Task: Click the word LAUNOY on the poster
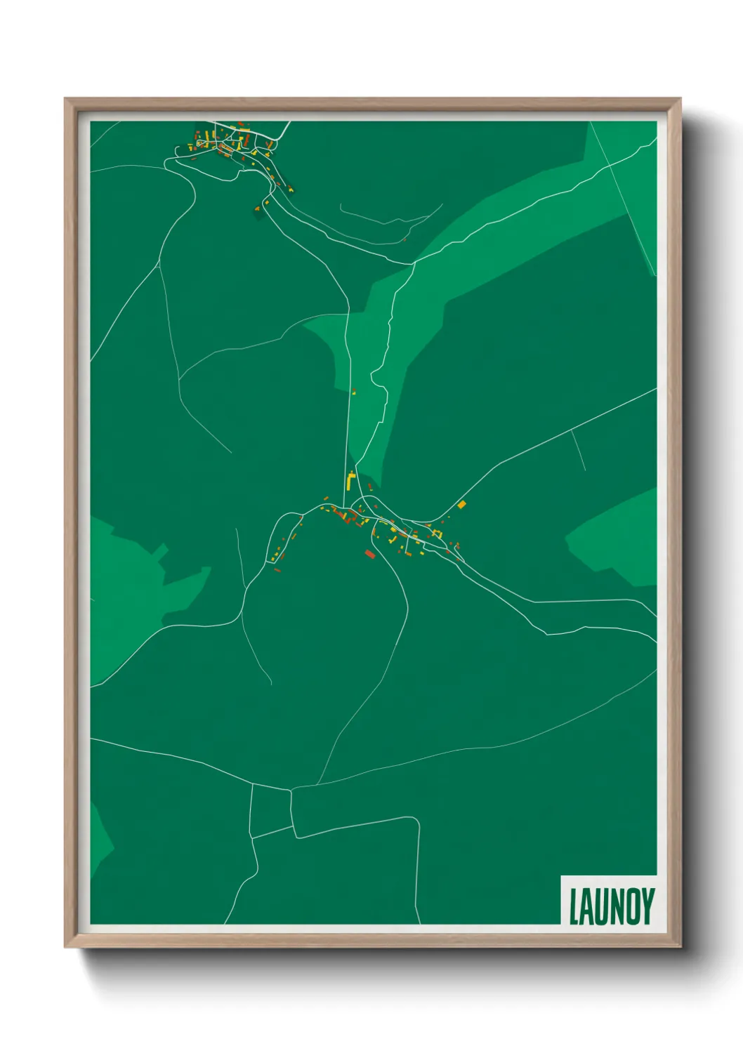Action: pyautogui.click(x=611, y=906)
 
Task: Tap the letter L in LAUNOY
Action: pyautogui.click(x=574, y=907)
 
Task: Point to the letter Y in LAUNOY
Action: pyautogui.click(x=647, y=906)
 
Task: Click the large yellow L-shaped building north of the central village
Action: pyautogui.click(x=350, y=481)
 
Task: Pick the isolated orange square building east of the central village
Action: pyautogui.click(x=461, y=504)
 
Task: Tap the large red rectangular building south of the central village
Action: pyautogui.click(x=369, y=555)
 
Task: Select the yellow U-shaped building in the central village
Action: pyautogui.click(x=437, y=534)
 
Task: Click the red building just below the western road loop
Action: pyautogui.click(x=277, y=570)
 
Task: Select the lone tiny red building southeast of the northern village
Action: pyautogui.click(x=405, y=239)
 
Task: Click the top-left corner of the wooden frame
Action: pyautogui.click(x=65, y=99)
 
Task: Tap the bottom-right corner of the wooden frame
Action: pyautogui.click(x=680, y=947)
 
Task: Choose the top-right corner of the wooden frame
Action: pyautogui.click(x=680, y=99)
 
